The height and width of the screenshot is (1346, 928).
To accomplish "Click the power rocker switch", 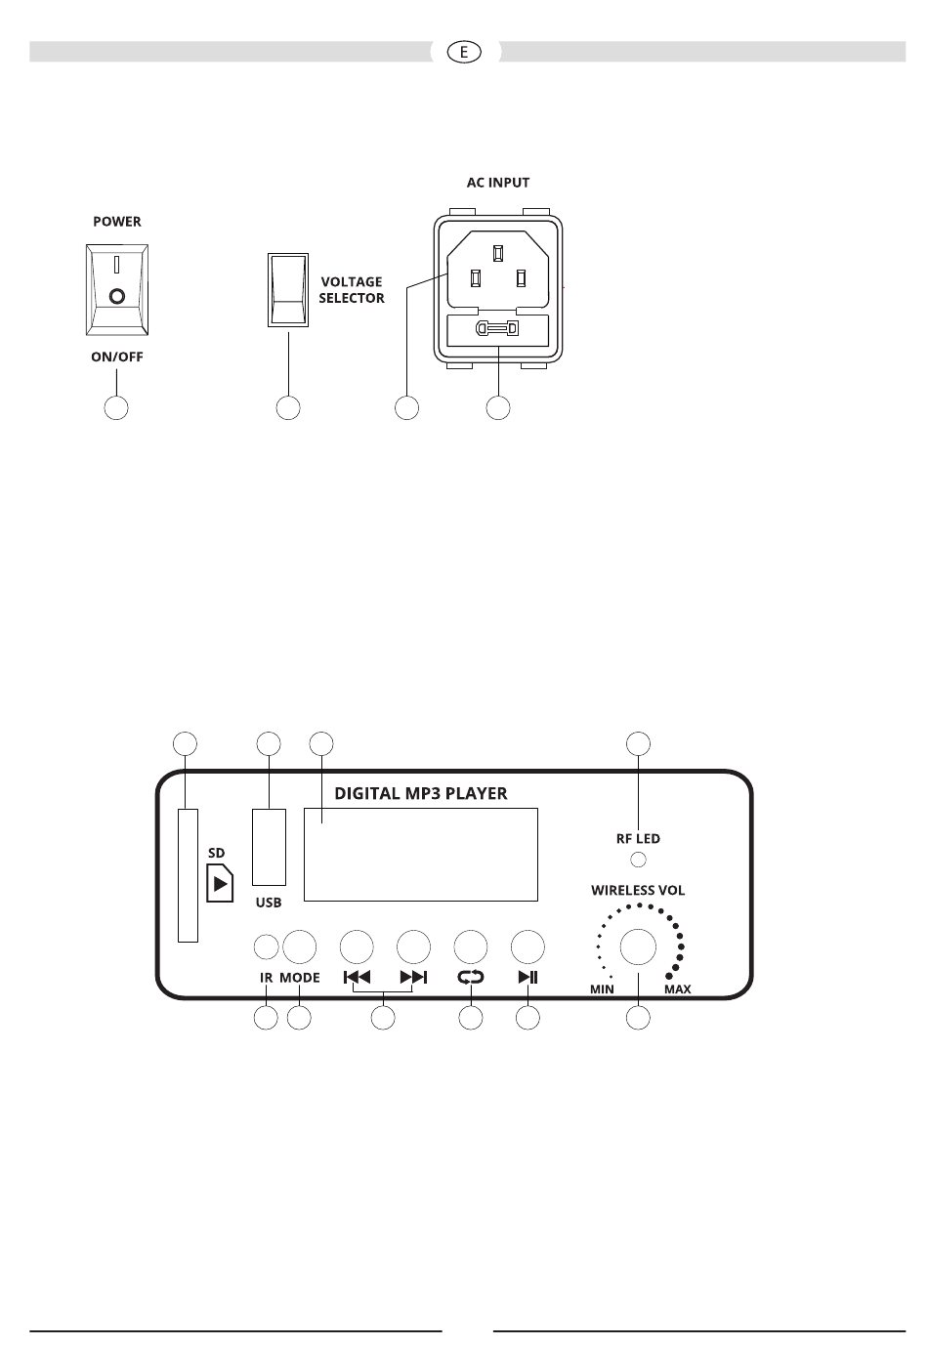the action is point(116,289).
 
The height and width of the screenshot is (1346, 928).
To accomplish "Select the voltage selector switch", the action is point(288,290).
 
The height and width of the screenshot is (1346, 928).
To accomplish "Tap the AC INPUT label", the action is point(497,183).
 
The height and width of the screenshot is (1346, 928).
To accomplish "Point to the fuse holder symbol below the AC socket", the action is point(497,329).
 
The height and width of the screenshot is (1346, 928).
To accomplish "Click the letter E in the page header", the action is point(463,53).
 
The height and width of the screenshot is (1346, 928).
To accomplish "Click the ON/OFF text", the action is point(116,357).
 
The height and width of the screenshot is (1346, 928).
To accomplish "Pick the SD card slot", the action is point(189,875).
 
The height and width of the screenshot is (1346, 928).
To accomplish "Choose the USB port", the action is point(269,847).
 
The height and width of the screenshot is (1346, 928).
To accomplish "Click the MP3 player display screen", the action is point(421,854).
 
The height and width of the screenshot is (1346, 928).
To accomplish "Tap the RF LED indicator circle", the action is point(638,860).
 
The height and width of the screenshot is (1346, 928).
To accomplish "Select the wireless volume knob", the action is point(638,946).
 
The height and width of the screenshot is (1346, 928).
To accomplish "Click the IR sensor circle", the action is point(267,947).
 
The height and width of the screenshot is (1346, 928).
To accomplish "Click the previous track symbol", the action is point(357,978).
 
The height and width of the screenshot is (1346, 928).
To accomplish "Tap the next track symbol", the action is point(413,978).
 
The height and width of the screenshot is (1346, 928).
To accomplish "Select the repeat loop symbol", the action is point(470,978).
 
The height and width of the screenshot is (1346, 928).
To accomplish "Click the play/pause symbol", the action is point(527,978).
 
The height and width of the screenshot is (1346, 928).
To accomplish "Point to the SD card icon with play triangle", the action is point(220,883).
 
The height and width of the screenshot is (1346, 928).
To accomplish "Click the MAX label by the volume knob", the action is point(677,989).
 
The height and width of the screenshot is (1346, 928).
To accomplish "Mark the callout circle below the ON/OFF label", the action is point(116,408).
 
